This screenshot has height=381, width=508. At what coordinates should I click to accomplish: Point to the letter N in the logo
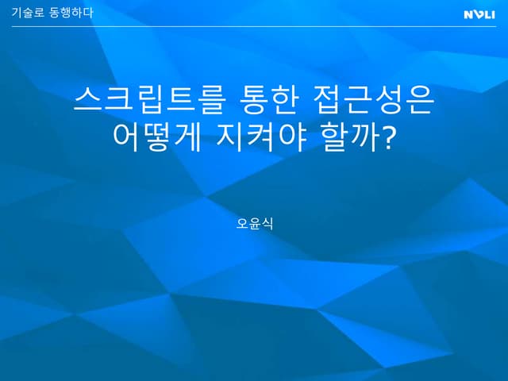(468, 13)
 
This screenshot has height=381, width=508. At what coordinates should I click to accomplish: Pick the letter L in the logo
(486, 13)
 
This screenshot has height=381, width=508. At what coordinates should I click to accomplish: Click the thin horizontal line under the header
(254, 26)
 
